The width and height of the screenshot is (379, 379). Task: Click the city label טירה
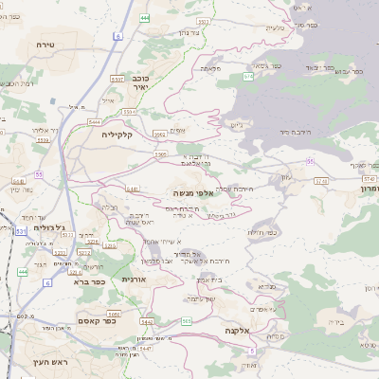coord(45,45)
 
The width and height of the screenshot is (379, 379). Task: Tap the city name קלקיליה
coord(121,135)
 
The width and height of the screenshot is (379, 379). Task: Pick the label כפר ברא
coord(88,281)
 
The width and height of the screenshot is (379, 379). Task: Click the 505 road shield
coord(187,321)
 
